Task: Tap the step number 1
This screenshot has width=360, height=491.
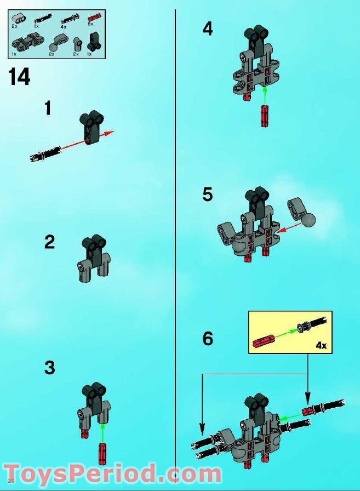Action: tap(48, 109)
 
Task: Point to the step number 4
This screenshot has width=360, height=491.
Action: tap(207, 28)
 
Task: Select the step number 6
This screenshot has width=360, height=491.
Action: tap(208, 339)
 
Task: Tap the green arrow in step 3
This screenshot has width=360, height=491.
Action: tap(102, 433)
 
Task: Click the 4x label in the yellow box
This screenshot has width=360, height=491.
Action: tap(321, 345)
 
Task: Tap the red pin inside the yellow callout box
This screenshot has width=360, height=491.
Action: tap(264, 342)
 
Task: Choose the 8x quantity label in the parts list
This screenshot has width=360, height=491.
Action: tap(90, 25)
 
